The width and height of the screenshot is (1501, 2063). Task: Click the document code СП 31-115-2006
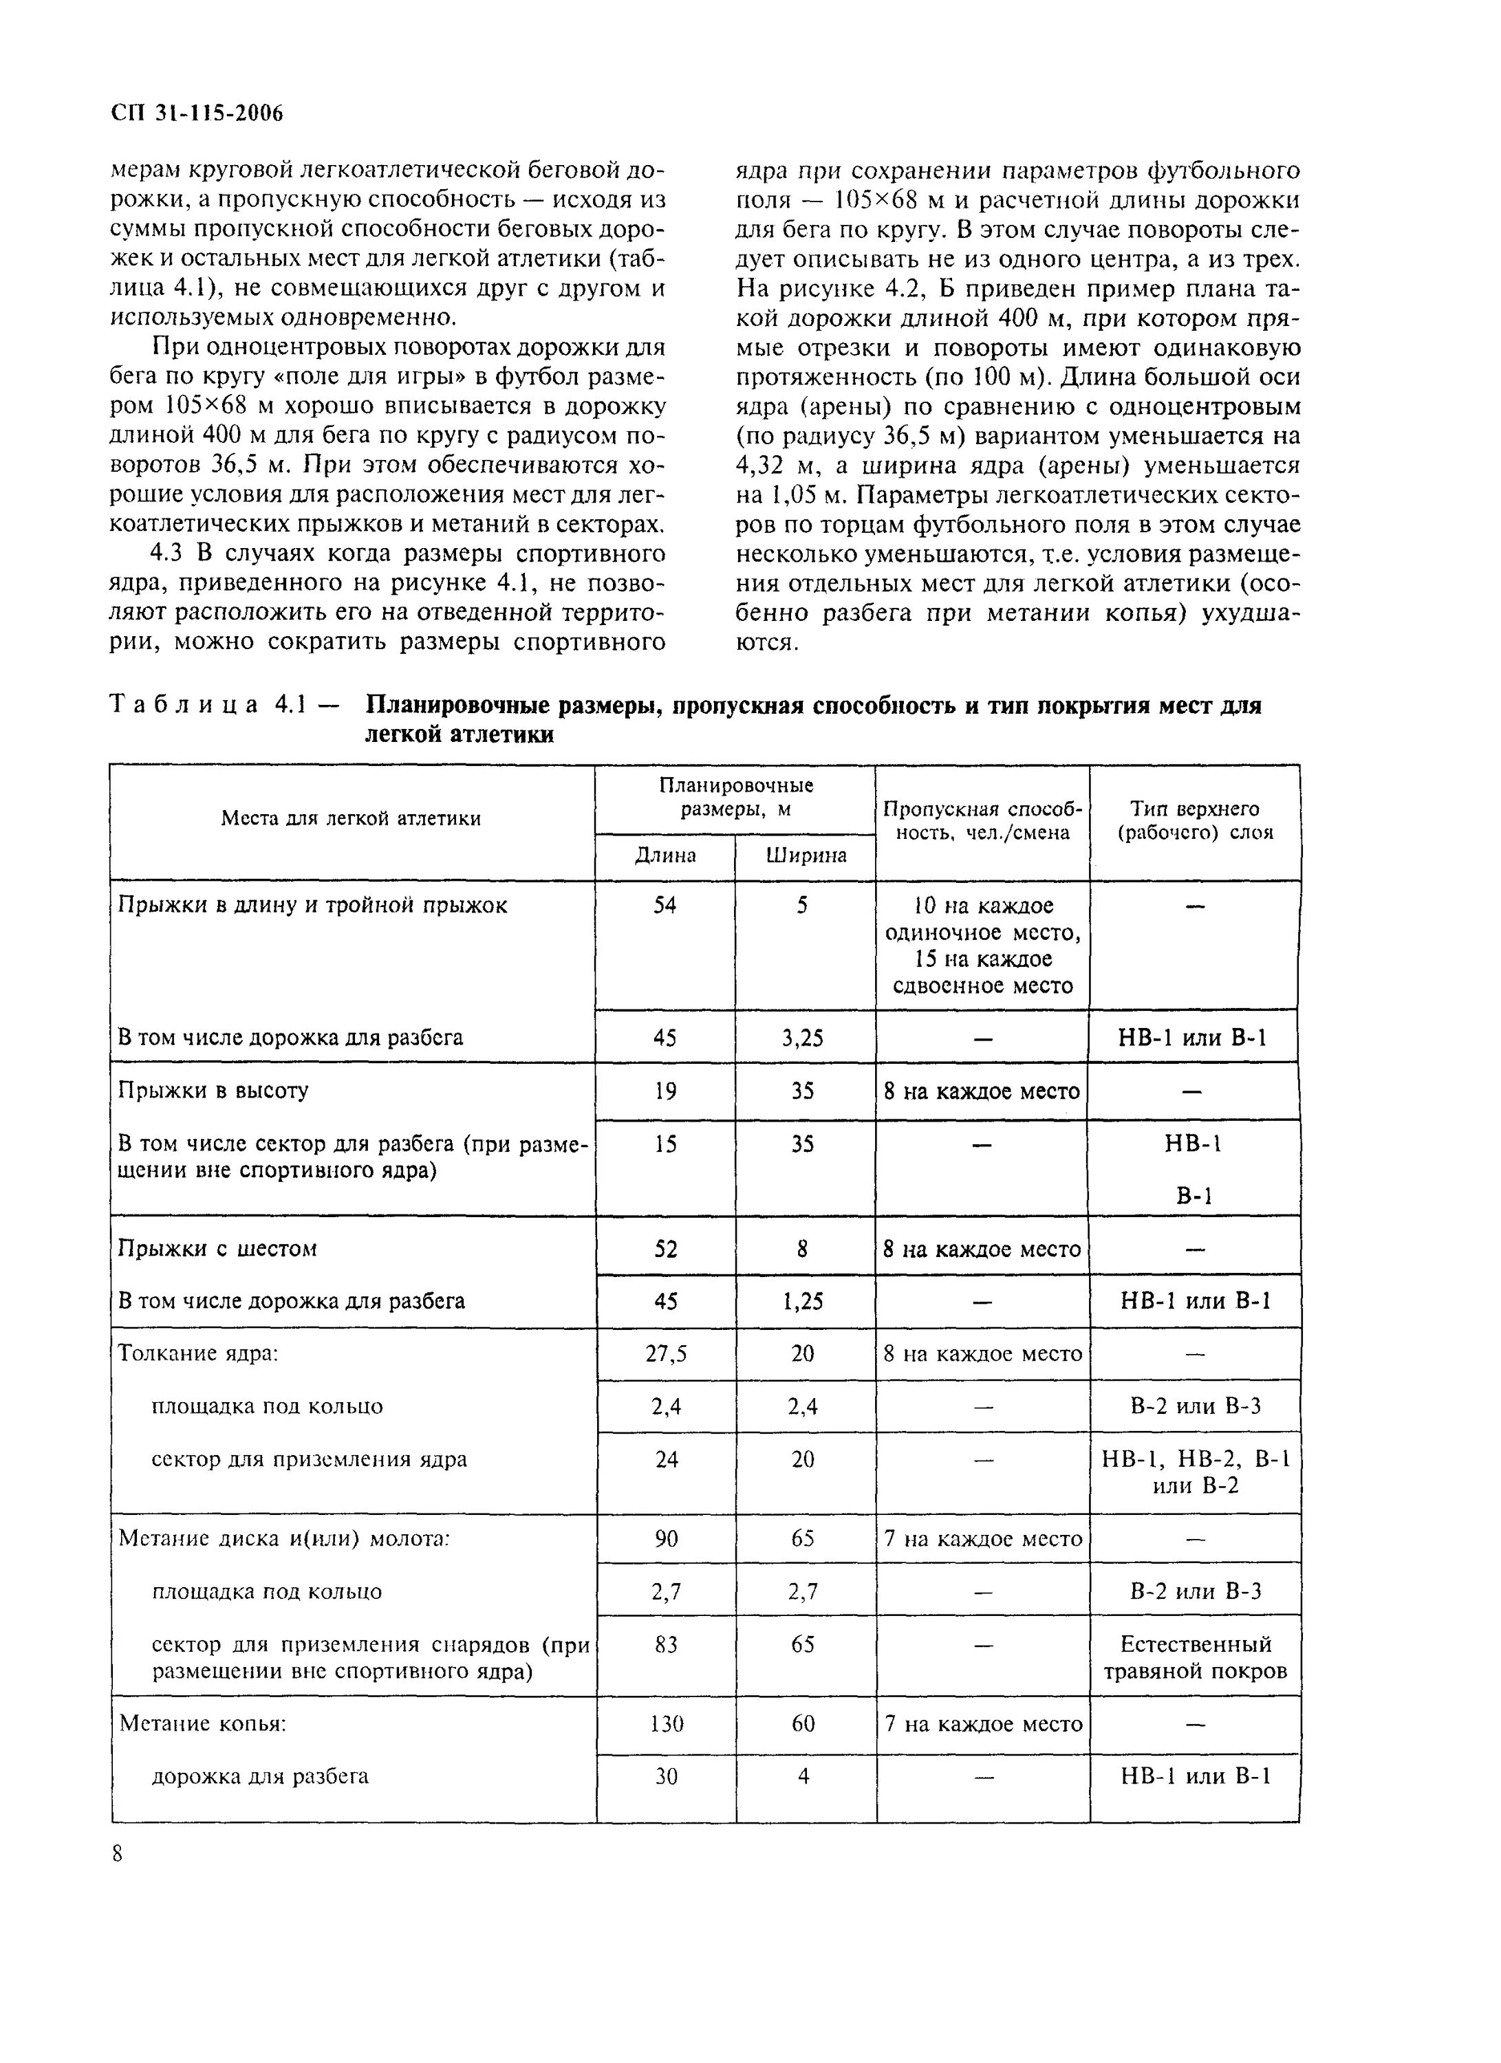tap(197, 113)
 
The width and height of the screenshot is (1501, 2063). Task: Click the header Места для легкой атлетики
tap(351, 818)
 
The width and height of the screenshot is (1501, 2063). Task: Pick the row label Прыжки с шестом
tap(217, 1248)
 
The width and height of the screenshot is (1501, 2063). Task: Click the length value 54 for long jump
tap(665, 905)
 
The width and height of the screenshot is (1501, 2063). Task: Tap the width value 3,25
tap(802, 1038)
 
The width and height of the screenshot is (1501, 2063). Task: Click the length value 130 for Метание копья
tap(666, 1724)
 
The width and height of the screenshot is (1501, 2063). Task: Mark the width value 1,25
tap(802, 1302)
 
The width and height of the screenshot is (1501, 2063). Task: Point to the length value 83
tap(666, 1645)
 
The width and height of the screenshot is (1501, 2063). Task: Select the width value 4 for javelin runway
tap(803, 1776)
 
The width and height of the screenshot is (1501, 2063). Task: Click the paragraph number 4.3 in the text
tap(170, 554)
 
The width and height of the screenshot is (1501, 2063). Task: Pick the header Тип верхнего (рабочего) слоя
tap(1194, 820)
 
